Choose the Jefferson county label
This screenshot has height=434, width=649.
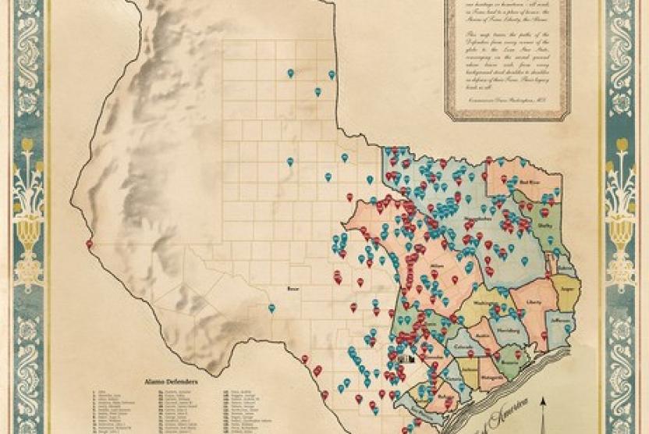pyautogui.click(x=560, y=320)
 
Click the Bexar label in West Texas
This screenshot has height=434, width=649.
pyautogui.click(x=294, y=288)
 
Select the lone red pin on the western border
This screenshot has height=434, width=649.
pyautogui.click(x=89, y=244)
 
